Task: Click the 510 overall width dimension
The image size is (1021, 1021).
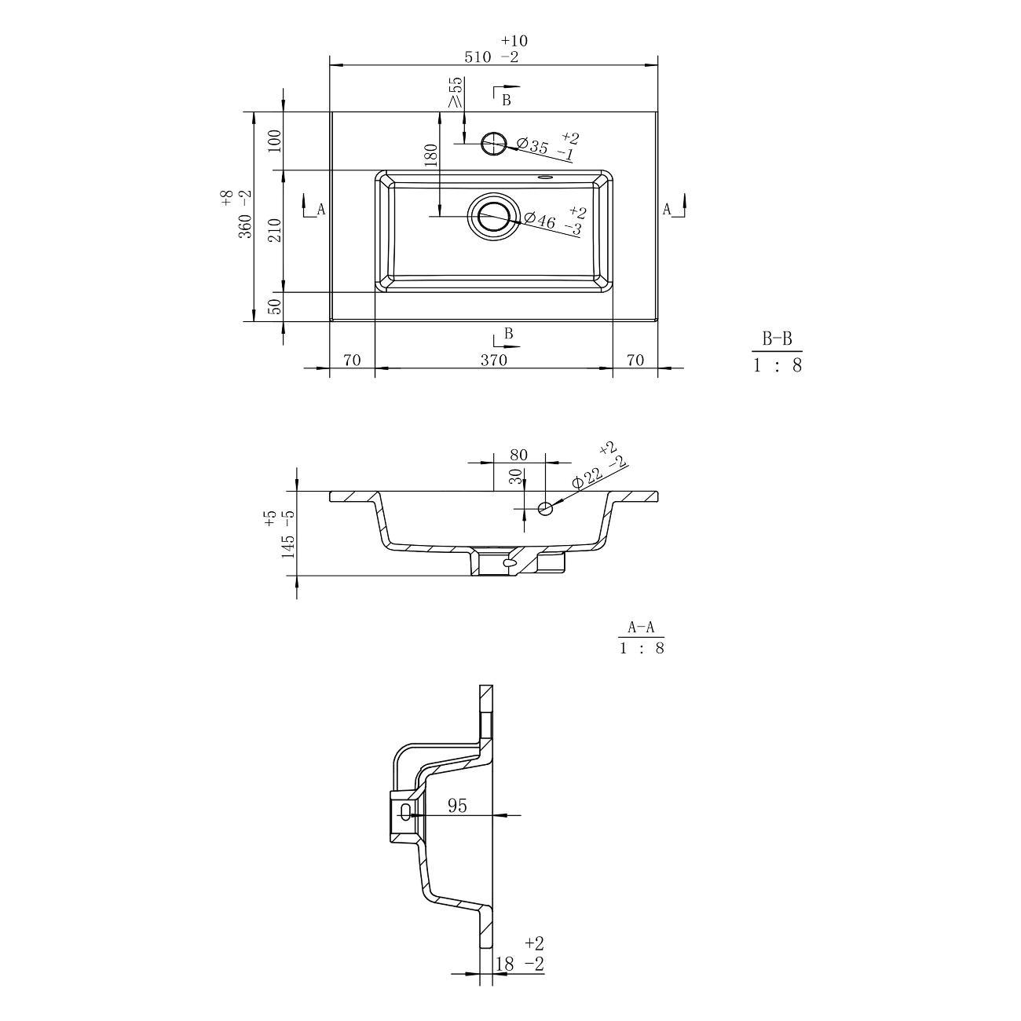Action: coord(478,57)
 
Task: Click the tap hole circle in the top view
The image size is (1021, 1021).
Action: coord(493,142)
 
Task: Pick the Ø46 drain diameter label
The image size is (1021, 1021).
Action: coord(540,219)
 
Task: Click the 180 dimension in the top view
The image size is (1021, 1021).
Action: coord(430,156)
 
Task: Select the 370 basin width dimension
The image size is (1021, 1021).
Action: coord(494,360)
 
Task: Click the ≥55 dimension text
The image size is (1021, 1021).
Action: coord(456,92)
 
